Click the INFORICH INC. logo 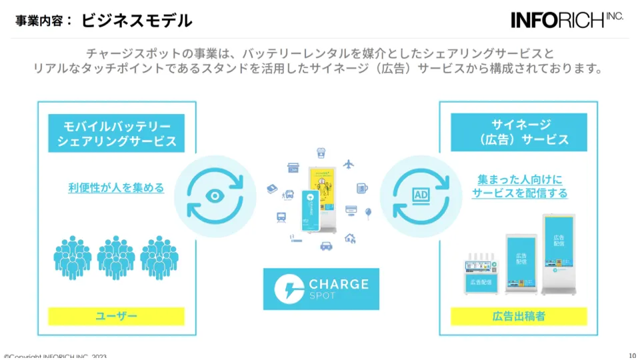[x=567, y=19]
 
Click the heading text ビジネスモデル [x=137, y=21]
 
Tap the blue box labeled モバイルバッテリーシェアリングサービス [x=117, y=133]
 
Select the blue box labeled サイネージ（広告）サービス [x=519, y=132]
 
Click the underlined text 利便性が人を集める [x=116, y=187]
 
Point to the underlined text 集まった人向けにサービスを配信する [x=520, y=186]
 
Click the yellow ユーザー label [x=117, y=316]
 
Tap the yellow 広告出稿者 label [x=519, y=316]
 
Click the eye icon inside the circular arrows [x=215, y=196]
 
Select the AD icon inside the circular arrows [x=420, y=195]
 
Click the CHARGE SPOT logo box [x=321, y=289]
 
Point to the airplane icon [x=348, y=164]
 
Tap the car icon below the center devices [x=327, y=245]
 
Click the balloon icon [x=368, y=213]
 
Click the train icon [x=281, y=217]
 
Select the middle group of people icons [x=116, y=257]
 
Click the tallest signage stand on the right [x=559, y=253]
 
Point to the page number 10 [x=632, y=355]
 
